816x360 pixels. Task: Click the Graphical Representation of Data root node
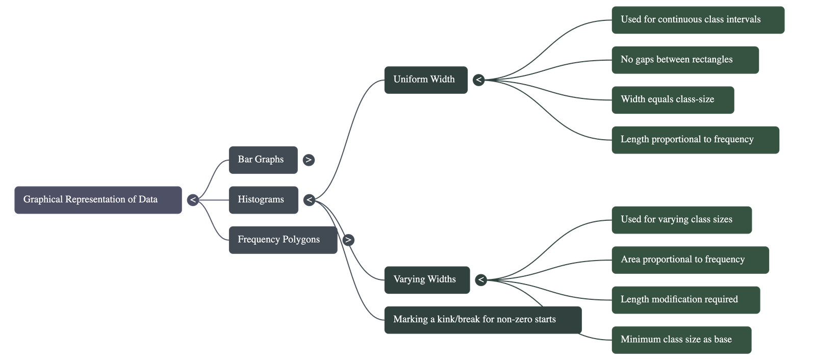pos(98,199)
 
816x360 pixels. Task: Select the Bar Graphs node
pos(263,160)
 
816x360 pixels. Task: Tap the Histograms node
pos(263,199)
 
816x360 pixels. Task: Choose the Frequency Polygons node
pos(283,239)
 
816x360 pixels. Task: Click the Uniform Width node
pos(425,80)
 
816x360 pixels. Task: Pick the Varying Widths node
pos(426,279)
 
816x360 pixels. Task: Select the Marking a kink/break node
pos(482,320)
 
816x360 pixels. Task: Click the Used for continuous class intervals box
pos(697,20)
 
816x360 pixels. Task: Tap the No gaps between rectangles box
pos(684,60)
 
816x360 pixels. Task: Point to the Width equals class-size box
pos(672,99)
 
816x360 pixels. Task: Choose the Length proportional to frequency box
pos(695,140)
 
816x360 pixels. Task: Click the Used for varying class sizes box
pos(681,220)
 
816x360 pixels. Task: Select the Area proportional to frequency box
pos(690,260)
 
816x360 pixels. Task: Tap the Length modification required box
pos(685,299)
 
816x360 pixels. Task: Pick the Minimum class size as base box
pos(681,340)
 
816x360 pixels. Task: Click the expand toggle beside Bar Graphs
pos(309,160)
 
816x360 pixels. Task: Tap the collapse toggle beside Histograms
pos(309,200)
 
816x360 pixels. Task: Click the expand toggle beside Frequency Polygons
pos(348,240)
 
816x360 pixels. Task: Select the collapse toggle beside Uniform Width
pos(478,80)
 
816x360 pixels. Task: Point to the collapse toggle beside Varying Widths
pos(480,280)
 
